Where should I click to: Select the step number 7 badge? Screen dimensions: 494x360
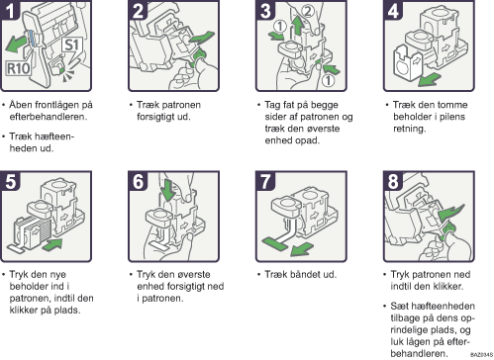click(265, 181)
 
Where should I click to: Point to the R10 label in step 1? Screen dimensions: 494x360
click(19, 68)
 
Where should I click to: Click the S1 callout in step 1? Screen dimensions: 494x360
click(71, 46)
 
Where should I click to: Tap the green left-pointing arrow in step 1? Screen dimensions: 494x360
click(16, 44)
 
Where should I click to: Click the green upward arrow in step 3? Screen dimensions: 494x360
click(298, 26)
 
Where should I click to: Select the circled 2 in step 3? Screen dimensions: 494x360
click(308, 11)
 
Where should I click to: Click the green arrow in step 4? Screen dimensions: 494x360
click(429, 80)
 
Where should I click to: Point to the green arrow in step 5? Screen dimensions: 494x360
click(51, 245)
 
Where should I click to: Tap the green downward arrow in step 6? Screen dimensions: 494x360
click(168, 190)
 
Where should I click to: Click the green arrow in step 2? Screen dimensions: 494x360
click(200, 38)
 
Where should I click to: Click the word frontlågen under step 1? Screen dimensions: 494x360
click(58, 105)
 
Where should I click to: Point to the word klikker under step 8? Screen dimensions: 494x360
click(448, 286)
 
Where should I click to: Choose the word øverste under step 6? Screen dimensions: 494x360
click(194, 274)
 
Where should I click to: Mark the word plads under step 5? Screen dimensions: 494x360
click(68, 311)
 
